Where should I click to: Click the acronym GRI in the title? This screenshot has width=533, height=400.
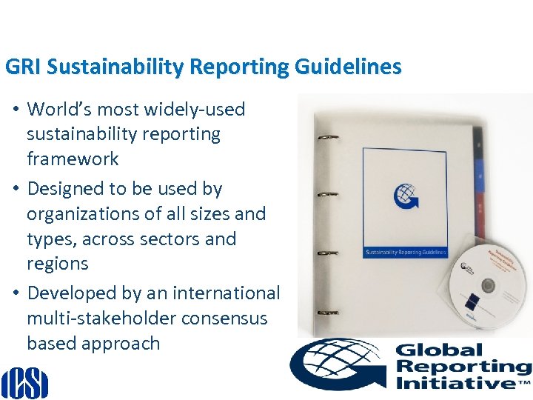20,67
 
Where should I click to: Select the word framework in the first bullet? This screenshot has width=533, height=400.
73,159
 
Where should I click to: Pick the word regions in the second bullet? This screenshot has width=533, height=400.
57,264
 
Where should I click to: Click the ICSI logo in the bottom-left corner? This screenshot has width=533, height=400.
24,382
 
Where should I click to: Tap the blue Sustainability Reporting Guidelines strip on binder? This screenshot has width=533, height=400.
405,252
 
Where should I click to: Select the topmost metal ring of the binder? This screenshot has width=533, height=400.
326,139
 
